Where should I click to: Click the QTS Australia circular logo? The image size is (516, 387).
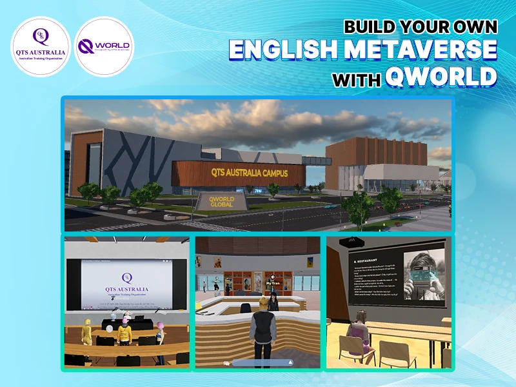pos(41,46)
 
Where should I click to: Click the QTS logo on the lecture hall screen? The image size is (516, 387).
pos(127,278)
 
